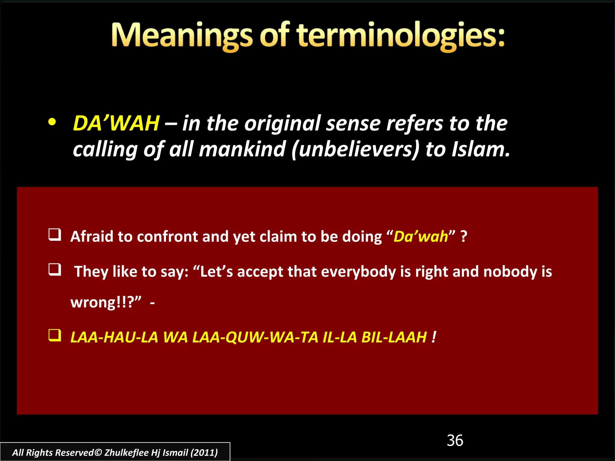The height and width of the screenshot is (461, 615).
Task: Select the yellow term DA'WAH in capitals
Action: [x=116, y=123]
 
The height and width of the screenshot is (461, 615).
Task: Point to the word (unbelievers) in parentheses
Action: [x=355, y=149]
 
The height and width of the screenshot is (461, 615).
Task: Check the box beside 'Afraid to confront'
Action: [x=55, y=235]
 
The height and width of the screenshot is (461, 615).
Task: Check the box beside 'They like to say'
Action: [x=55, y=270]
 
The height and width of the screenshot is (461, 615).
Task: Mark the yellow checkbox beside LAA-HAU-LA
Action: [x=55, y=335]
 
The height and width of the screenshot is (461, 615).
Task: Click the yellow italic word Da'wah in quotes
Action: [x=420, y=237]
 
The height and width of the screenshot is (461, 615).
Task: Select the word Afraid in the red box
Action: [x=92, y=237]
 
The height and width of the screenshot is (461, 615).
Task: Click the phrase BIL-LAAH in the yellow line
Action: [x=394, y=337]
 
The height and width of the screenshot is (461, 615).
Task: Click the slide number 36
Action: [x=455, y=441]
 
